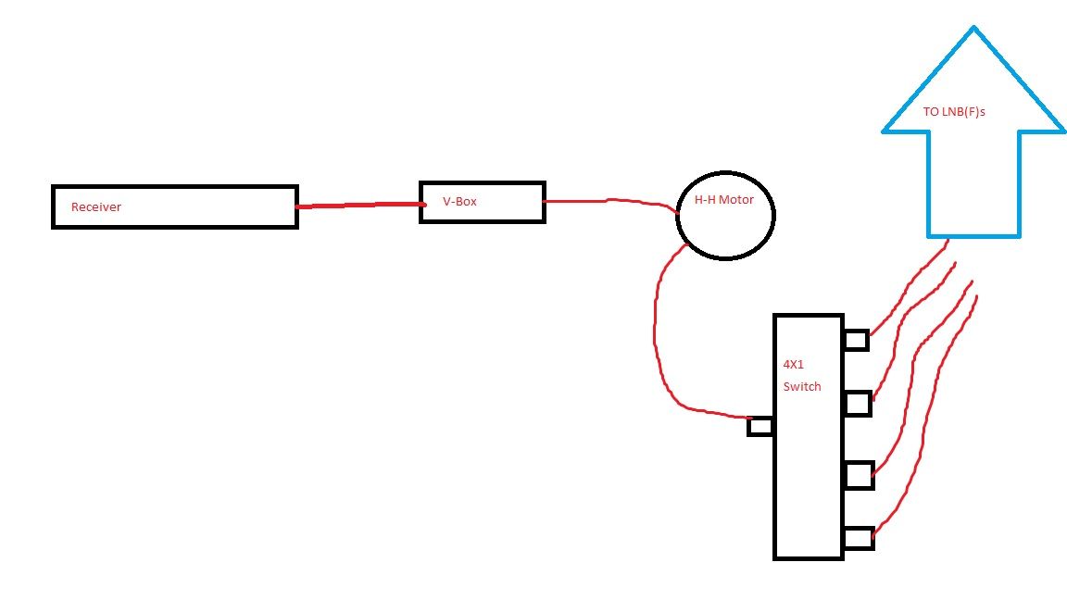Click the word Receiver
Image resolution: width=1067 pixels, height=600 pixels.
(x=96, y=206)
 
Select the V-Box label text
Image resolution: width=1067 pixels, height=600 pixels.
(x=460, y=201)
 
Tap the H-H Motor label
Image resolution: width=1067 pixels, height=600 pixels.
(x=724, y=199)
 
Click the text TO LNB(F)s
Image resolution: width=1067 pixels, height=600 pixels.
(x=954, y=111)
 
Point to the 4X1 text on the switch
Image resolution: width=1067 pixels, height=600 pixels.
(x=794, y=365)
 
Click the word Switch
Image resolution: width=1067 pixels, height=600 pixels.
(x=802, y=386)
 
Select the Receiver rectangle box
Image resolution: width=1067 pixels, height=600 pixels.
(x=52, y=206)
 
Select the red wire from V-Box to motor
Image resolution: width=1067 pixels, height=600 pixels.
(x=609, y=200)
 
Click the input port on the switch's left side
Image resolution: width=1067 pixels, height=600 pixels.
(x=760, y=427)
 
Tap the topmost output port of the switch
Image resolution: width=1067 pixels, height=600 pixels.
(x=857, y=340)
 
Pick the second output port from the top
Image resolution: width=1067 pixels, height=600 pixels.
(x=858, y=404)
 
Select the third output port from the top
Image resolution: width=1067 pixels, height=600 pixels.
(x=859, y=476)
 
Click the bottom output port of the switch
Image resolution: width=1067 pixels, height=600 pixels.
(x=859, y=538)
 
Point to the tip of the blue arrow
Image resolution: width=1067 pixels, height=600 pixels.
(x=973, y=27)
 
